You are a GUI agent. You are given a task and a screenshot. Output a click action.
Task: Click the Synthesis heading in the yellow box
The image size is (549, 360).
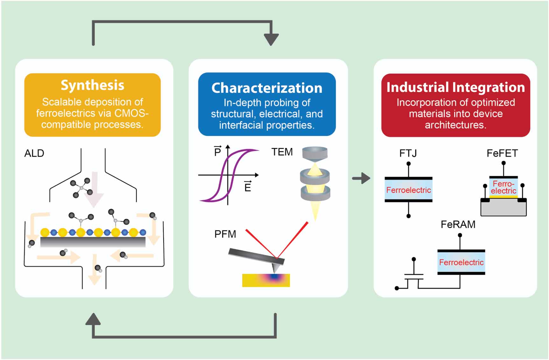92,85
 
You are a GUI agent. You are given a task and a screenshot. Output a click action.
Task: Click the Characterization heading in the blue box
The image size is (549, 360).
267,88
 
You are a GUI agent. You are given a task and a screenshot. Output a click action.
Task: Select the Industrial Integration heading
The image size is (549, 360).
455,87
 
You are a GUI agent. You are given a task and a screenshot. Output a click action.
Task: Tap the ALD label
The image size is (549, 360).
34,153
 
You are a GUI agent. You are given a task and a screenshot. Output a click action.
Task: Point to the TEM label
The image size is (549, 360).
282,152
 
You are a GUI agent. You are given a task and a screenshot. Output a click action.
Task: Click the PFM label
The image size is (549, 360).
225,234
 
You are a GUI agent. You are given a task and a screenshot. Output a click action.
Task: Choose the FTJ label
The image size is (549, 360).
408,153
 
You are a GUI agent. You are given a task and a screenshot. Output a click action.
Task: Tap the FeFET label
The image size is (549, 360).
502,153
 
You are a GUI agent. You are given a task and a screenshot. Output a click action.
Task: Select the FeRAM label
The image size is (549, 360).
458,224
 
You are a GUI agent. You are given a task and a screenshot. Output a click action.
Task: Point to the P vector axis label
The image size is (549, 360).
218,151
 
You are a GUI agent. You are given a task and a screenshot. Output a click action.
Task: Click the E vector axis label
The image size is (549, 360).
248,187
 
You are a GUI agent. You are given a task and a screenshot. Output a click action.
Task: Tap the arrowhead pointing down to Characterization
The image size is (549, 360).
271,39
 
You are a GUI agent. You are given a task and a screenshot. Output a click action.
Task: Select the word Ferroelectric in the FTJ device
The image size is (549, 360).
408,190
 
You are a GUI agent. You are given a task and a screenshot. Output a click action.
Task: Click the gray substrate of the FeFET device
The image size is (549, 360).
503,209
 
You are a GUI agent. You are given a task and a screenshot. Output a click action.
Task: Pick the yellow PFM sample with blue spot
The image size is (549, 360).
266,281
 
